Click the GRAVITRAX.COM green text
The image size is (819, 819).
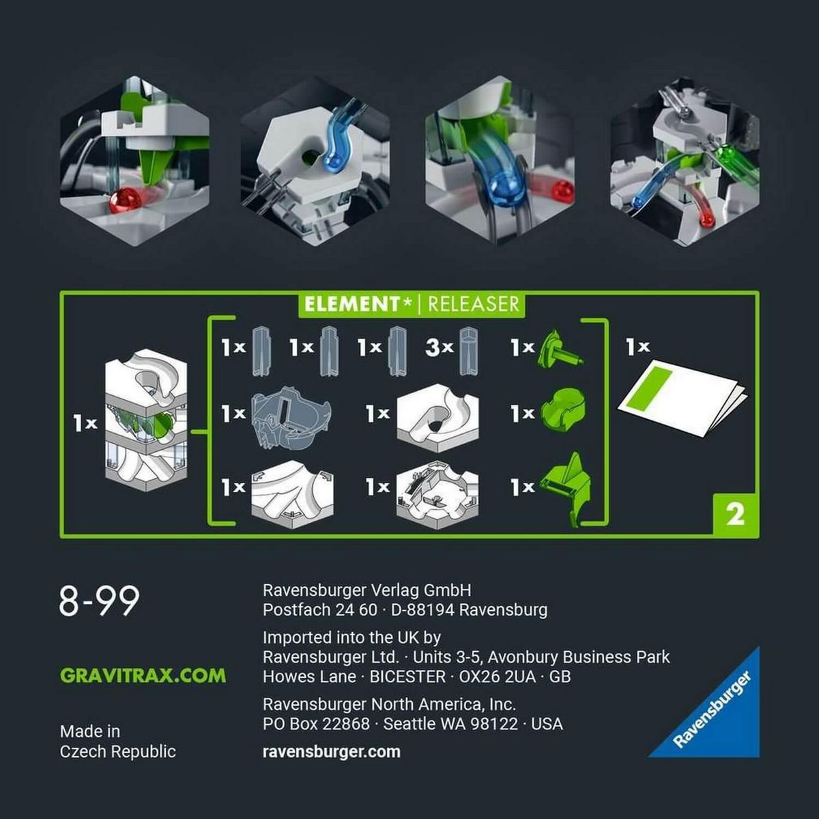[x=143, y=676]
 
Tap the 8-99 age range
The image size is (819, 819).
[x=99, y=601]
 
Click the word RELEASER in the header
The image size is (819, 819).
[x=474, y=304]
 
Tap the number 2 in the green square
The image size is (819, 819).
[x=735, y=514]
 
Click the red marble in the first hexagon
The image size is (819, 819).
[x=126, y=200]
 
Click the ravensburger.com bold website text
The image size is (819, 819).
[x=331, y=751]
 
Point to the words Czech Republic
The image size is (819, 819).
[x=117, y=751]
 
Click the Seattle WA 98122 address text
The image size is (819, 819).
[x=450, y=723]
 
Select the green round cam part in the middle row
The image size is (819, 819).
[x=562, y=412]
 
